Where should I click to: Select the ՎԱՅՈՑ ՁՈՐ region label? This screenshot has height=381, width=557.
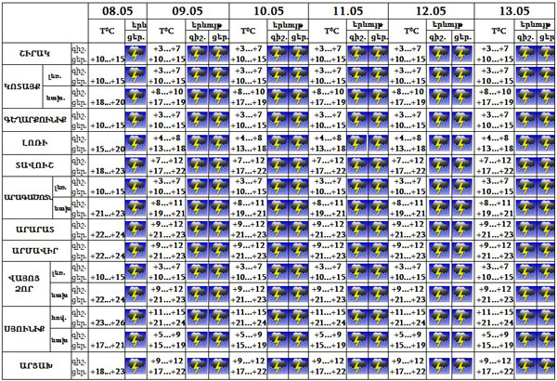click(21, 282)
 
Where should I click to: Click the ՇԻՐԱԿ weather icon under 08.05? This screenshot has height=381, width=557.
click(136, 55)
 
